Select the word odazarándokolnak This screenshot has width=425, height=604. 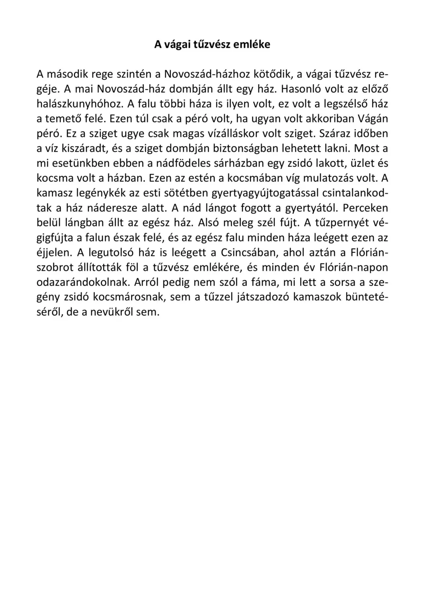(82, 282)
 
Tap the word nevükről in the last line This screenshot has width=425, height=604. (108, 312)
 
